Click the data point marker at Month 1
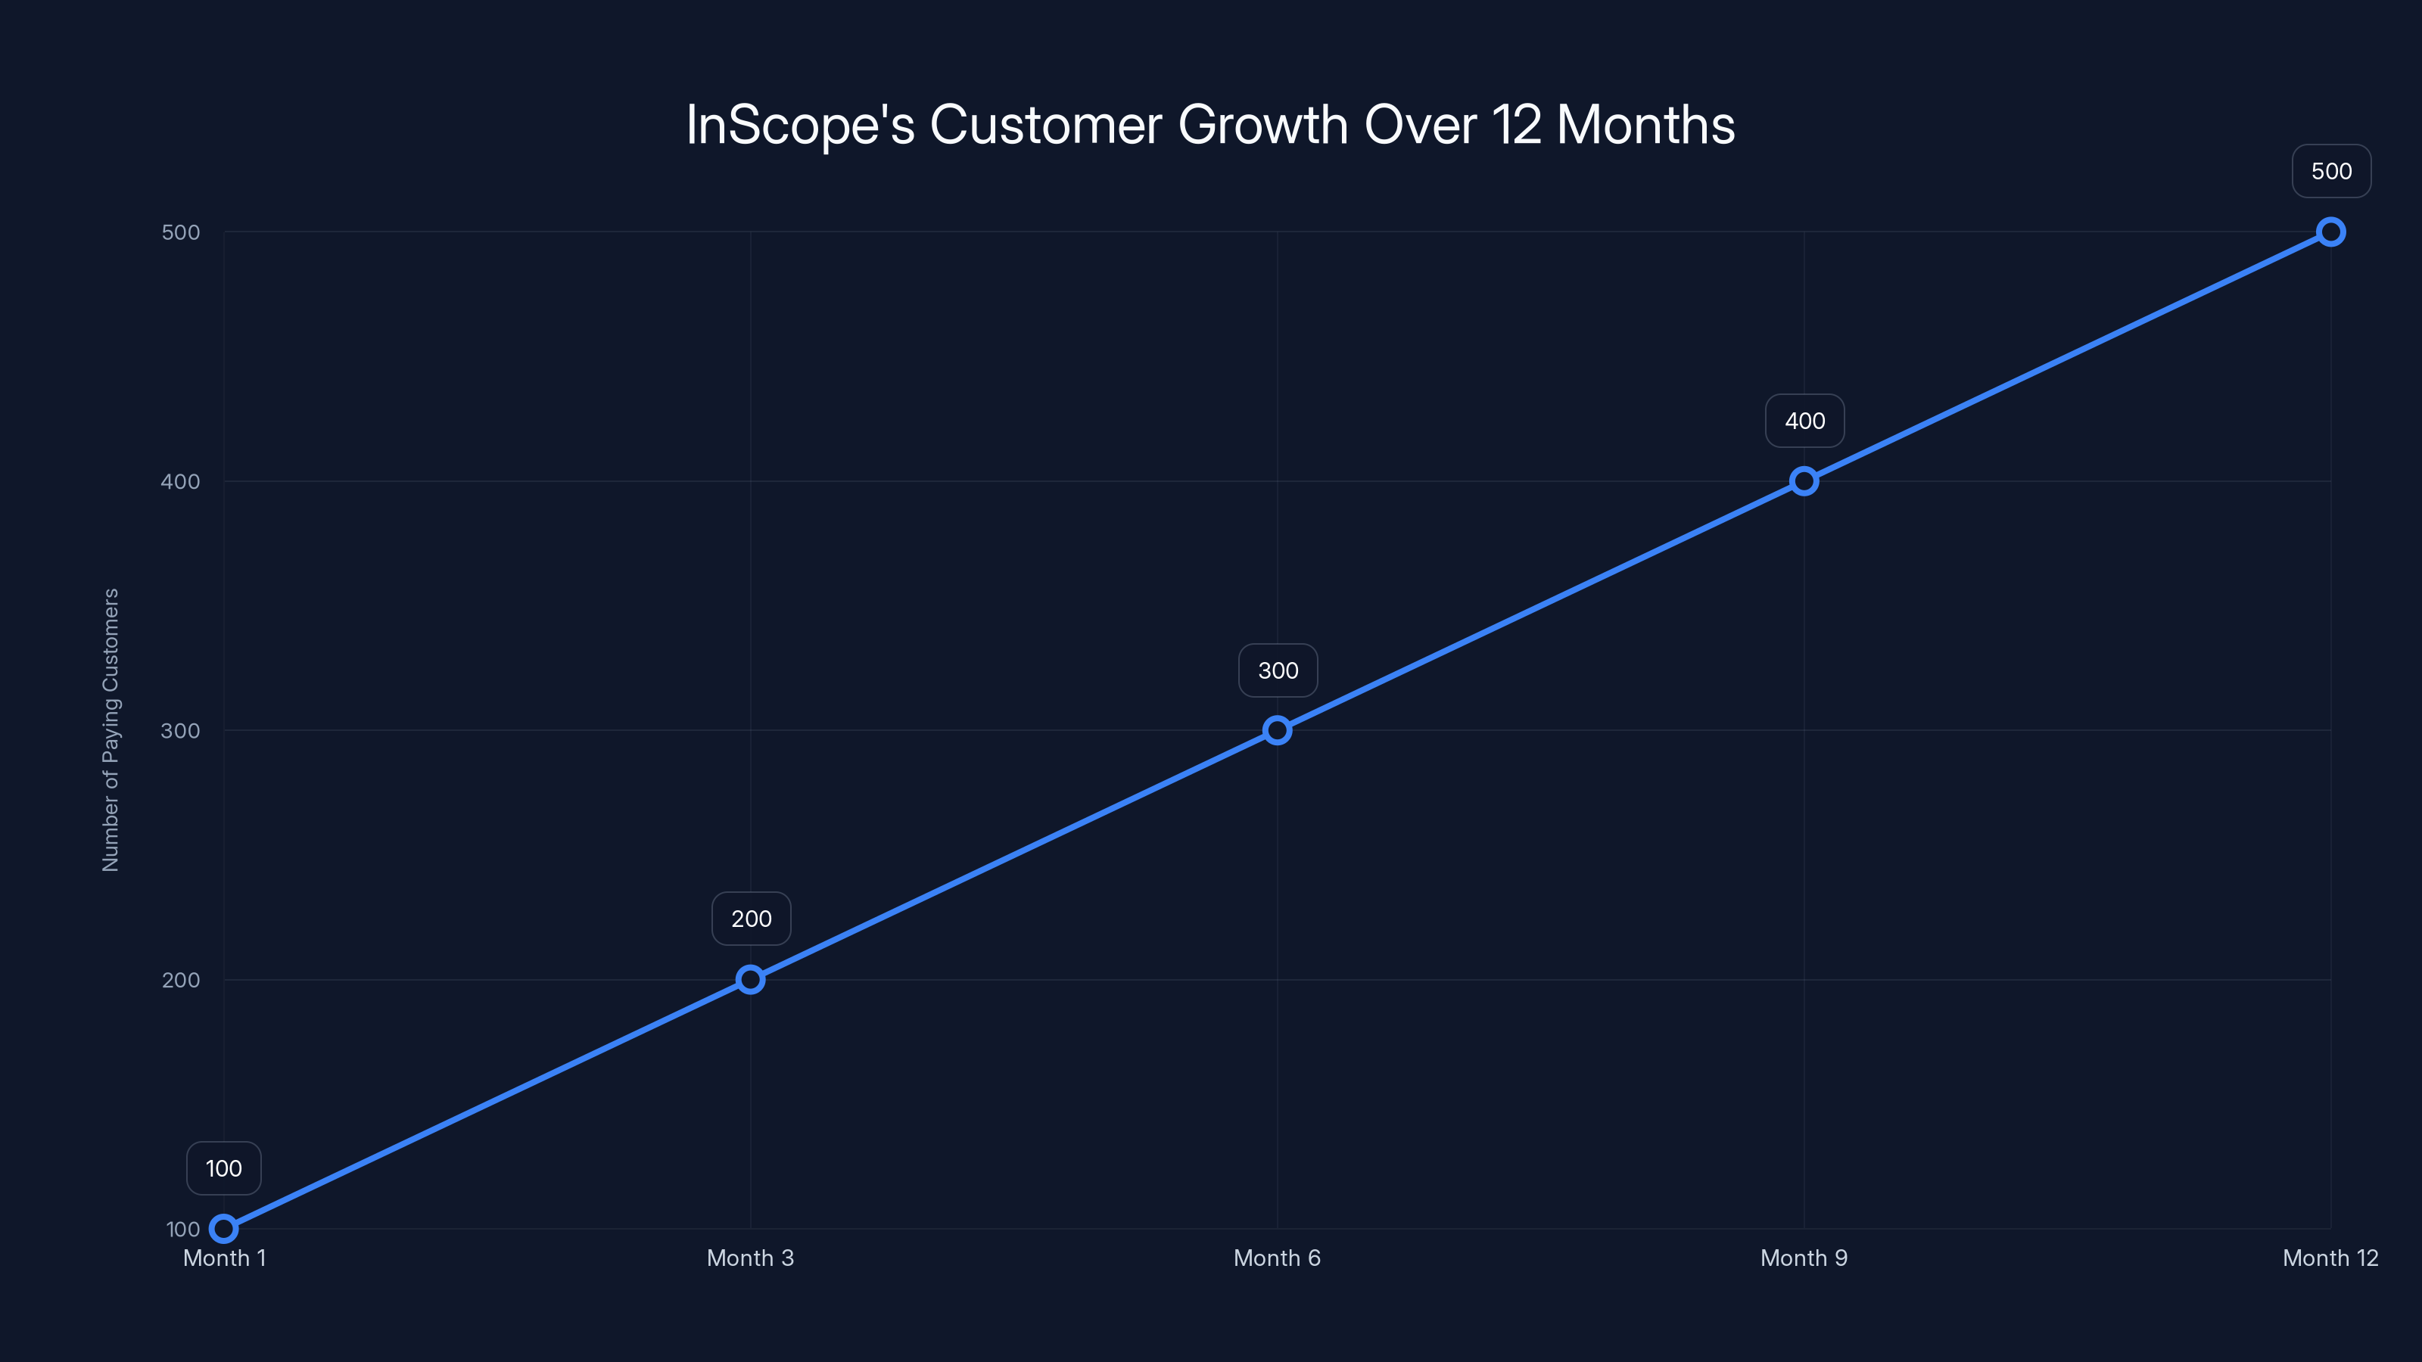pyautogui.click(x=224, y=1229)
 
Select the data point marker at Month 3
pyautogui.click(x=750, y=979)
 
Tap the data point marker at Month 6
pyautogui.click(x=1277, y=730)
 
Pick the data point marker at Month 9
pyautogui.click(x=1804, y=481)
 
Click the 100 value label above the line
pyautogui.click(x=224, y=1168)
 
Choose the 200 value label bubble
pyautogui.click(x=752, y=919)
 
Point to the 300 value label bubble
pyautogui.click(x=1278, y=670)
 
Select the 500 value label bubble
pyautogui.click(x=2332, y=171)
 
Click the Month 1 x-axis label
pyautogui.click(x=225, y=1258)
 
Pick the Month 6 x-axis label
pyautogui.click(x=1277, y=1258)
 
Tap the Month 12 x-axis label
pyautogui.click(x=2330, y=1258)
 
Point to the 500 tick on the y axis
pyautogui.click(x=181, y=232)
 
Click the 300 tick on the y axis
pyautogui.click(x=181, y=730)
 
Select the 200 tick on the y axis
pyautogui.click(x=181, y=979)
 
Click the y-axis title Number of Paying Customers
pyautogui.click(x=111, y=730)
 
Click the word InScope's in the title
pyautogui.click(x=800, y=125)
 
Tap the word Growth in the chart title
pyautogui.click(x=1262, y=125)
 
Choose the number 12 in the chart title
pyautogui.click(x=1515, y=125)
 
